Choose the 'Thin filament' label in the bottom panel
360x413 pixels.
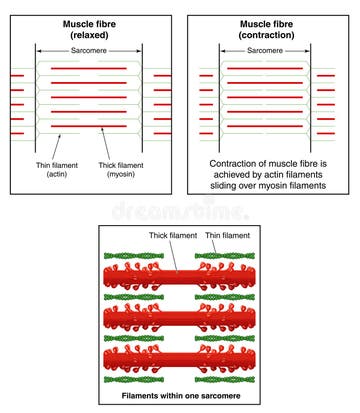(227, 236)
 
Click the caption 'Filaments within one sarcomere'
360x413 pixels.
(180, 398)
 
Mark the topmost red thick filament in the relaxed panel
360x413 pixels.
(88, 66)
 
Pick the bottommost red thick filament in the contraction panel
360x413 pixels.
(265, 127)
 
